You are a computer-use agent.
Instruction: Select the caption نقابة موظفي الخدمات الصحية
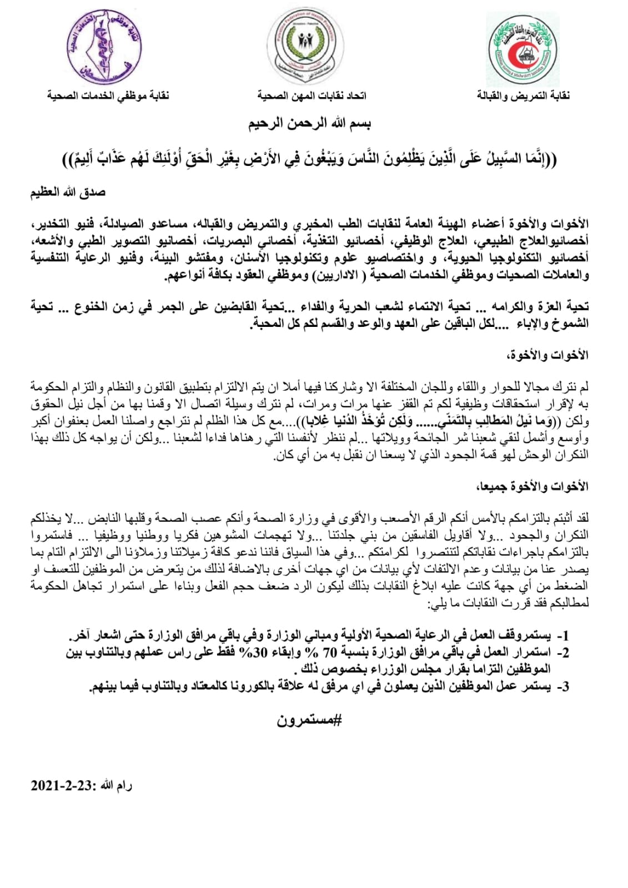[x=108, y=96]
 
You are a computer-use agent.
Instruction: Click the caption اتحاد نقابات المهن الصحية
[x=312, y=96]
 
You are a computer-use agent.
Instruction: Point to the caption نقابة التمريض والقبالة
[x=523, y=96]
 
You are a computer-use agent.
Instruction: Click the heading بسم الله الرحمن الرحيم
[x=309, y=123]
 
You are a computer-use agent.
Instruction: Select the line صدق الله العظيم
[x=68, y=193]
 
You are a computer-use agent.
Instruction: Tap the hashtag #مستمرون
[x=309, y=720]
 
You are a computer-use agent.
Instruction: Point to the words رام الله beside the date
[x=116, y=785]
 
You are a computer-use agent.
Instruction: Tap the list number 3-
[x=562, y=687]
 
